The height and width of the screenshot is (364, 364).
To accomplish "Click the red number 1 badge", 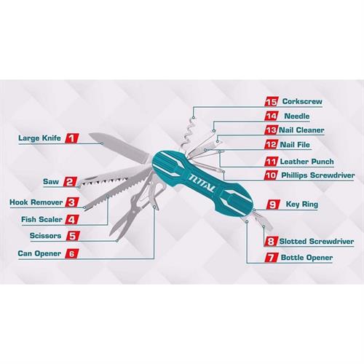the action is (x=71, y=138).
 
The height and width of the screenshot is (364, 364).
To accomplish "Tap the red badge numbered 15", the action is (x=271, y=102).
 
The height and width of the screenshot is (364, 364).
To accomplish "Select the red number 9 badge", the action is (x=273, y=205).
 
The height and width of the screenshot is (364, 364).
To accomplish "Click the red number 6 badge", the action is (x=72, y=253).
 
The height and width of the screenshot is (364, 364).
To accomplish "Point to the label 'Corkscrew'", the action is (x=302, y=101).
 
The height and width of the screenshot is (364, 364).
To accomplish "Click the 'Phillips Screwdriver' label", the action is (x=318, y=175).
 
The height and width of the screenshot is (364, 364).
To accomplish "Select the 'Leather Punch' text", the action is (x=306, y=162).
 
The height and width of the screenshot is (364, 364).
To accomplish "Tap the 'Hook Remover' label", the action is (x=36, y=202).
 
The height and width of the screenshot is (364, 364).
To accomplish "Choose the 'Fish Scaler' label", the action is (x=41, y=219).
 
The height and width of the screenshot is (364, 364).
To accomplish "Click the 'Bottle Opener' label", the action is (x=306, y=258).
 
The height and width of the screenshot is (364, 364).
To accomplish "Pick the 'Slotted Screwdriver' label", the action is (x=317, y=242).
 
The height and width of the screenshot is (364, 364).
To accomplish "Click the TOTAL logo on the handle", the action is (x=202, y=183).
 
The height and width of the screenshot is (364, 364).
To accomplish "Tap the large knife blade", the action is (x=119, y=146).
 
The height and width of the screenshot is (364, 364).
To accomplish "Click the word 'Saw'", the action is (x=51, y=181).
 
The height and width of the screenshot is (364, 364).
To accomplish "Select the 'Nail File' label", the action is (x=295, y=145).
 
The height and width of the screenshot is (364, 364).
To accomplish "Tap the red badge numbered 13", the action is (x=271, y=130).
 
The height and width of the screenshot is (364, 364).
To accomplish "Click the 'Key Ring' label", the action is (x=302, y=205).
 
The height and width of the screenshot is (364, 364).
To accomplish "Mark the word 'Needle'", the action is (x=297, y=116).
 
